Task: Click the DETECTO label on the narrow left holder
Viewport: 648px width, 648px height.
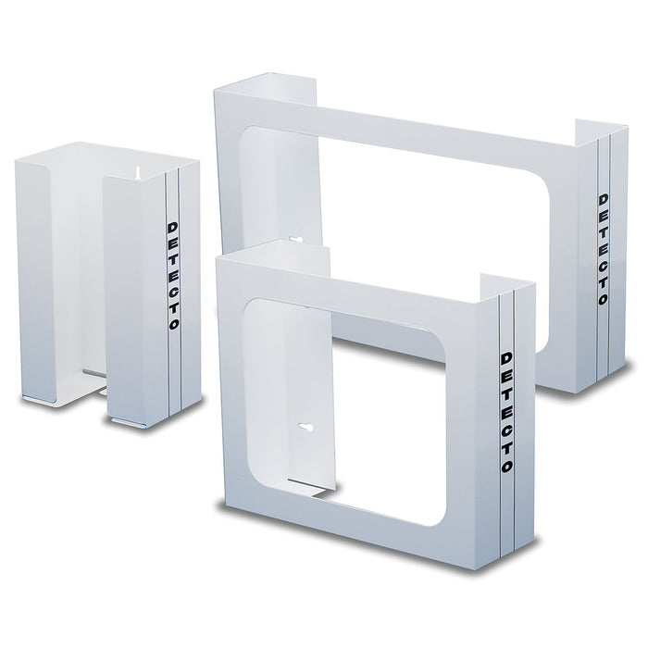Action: pyautogui.click(x=173, y=277)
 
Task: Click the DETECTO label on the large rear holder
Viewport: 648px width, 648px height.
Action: pyautogui.click(x=604, y=251)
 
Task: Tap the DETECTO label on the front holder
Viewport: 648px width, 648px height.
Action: pyautogui.click(x=505, y=411)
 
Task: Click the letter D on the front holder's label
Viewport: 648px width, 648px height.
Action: pyautogui.click(x=505, y=356)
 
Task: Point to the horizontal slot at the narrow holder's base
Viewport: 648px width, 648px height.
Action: pyautogui.click(x=92, y=374)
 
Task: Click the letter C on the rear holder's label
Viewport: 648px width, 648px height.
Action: pyautogui.click(x=604, y=268)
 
